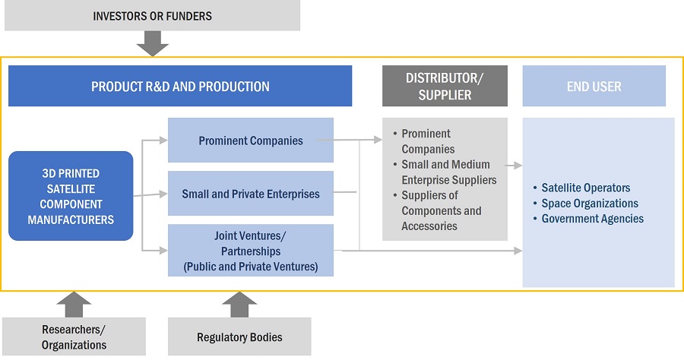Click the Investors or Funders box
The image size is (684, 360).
point(152,15)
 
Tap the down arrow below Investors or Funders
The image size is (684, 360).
point(152,45)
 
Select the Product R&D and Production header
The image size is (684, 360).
point(180,86)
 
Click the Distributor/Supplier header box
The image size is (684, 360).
point(445,86)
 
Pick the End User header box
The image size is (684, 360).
point(594,86)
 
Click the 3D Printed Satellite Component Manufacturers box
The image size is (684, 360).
point(71,197)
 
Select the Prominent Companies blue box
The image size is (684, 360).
point(250,140)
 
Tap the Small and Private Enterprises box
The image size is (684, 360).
point(250,194)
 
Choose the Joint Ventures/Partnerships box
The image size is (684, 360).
point(250,251)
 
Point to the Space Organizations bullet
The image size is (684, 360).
point(589,204)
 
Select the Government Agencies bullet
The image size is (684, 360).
point(592,219)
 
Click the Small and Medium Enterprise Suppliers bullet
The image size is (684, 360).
point(448,172)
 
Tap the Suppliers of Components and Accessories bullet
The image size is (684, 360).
point(441,211)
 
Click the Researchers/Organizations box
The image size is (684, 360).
point(74,336)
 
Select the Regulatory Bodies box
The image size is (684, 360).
point(239,336)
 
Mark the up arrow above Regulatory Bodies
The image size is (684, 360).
point(239,304)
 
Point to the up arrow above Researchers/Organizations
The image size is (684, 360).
point(74,304)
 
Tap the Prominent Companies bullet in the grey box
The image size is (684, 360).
point(428,141)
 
